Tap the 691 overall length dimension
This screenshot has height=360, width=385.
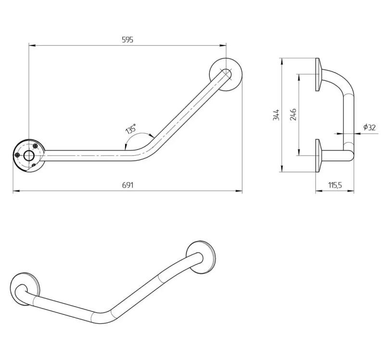coord(127,185)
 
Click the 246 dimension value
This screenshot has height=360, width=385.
coord(293,114)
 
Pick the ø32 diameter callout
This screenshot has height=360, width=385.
coord(369,127)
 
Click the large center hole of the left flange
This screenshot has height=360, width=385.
coord(29,155)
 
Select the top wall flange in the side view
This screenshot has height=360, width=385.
coord(319,74)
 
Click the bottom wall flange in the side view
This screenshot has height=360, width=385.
coord(319,155)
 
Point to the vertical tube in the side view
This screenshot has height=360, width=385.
coord(348,120)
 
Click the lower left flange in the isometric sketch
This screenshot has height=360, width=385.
coord(26,290)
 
